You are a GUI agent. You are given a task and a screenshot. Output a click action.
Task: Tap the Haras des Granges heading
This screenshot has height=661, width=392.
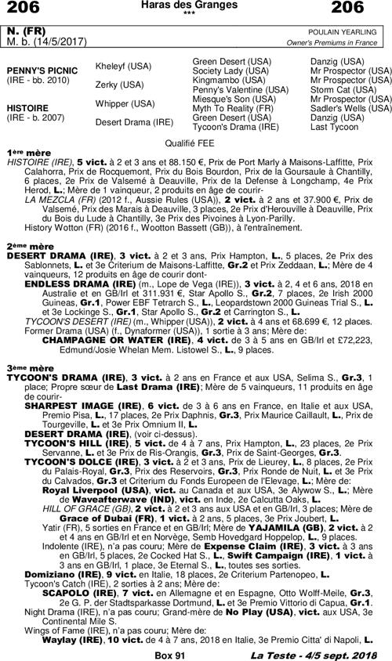tap(195, 6)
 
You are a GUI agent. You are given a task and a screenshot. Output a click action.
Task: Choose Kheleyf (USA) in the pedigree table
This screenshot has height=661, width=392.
tap(123, 67)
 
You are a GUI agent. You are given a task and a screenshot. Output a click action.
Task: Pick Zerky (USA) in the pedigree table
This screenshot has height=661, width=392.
tap(119, 85)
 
